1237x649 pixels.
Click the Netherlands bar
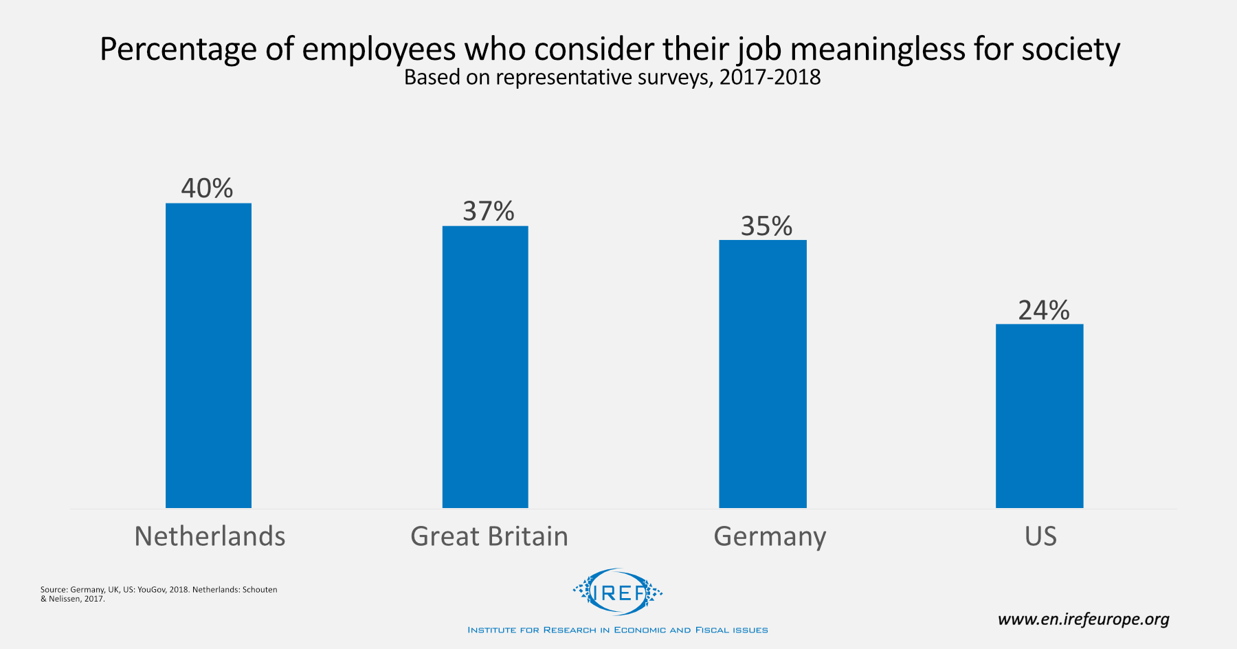pos(208,355)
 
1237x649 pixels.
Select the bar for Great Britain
pos(485,366)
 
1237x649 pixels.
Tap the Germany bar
pos(763,373)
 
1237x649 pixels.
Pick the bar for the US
pos(1039,416)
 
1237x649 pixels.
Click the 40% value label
pos(207,188)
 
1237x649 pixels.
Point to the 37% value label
pos(488,211)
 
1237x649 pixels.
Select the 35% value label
pos(766,226)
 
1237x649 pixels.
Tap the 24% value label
pos(1043,311)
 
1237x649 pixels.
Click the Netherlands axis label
pos(210,536)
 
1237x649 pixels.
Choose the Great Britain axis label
pos(489,536)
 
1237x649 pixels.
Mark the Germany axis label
pos(770,536)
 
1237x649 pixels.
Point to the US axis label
pos(1040,536)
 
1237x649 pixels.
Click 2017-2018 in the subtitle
pos(770,77)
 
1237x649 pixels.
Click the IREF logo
pos(618,592)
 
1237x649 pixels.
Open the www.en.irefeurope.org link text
pos(1083,619)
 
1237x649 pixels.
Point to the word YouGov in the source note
pos(151,590)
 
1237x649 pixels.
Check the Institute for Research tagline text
pos(618,630)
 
